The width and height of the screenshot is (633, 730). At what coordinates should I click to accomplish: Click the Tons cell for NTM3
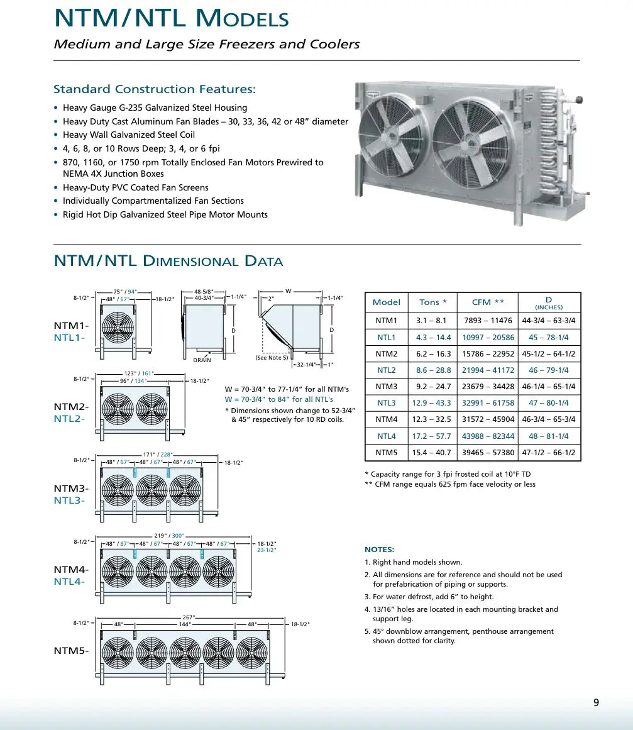432,387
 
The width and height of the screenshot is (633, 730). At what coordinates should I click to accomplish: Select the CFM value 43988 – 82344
488,436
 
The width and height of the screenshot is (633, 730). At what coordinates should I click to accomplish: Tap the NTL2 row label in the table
386,370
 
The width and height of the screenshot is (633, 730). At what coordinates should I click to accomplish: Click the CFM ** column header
488,302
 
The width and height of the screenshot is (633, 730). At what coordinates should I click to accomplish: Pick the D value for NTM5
548,453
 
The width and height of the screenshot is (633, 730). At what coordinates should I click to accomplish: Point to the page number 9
596,703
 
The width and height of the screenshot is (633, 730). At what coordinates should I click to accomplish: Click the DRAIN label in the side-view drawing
202,360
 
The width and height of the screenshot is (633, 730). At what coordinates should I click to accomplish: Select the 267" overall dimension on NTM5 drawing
188,617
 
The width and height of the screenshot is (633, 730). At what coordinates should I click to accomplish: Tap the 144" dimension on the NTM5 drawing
185,624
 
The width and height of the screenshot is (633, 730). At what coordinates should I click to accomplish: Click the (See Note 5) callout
272,358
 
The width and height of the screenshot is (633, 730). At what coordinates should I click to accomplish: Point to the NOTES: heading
379,550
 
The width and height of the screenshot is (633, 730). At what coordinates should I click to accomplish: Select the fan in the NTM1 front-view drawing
118,328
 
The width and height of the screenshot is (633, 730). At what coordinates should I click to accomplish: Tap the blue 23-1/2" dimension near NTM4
267,550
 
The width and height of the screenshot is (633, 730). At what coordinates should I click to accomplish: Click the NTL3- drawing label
69,501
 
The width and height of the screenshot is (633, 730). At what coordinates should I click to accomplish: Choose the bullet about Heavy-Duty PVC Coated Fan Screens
135,187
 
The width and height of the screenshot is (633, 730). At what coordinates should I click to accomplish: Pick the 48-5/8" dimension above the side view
204,292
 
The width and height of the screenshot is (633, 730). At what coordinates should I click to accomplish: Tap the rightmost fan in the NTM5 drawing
251,654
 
